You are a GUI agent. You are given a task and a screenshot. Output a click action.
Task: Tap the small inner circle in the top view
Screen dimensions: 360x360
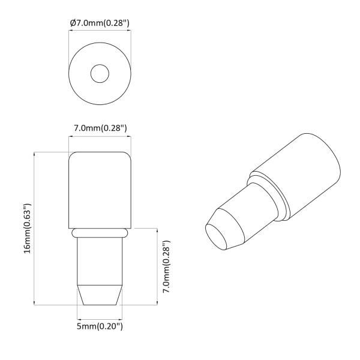99,74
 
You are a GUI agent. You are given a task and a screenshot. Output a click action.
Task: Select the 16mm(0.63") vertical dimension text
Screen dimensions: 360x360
27,229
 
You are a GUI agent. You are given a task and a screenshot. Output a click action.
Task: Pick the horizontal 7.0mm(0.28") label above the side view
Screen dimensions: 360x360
99,128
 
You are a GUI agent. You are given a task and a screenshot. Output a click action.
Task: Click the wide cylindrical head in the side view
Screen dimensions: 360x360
99,189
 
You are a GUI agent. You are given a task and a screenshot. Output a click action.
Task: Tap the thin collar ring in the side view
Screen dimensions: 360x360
99,231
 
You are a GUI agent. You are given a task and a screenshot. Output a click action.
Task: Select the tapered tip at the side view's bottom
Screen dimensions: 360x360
99,294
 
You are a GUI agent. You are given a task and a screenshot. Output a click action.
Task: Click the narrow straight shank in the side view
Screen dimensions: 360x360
99,258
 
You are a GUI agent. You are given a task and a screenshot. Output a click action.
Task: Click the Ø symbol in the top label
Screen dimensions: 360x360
73,22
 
